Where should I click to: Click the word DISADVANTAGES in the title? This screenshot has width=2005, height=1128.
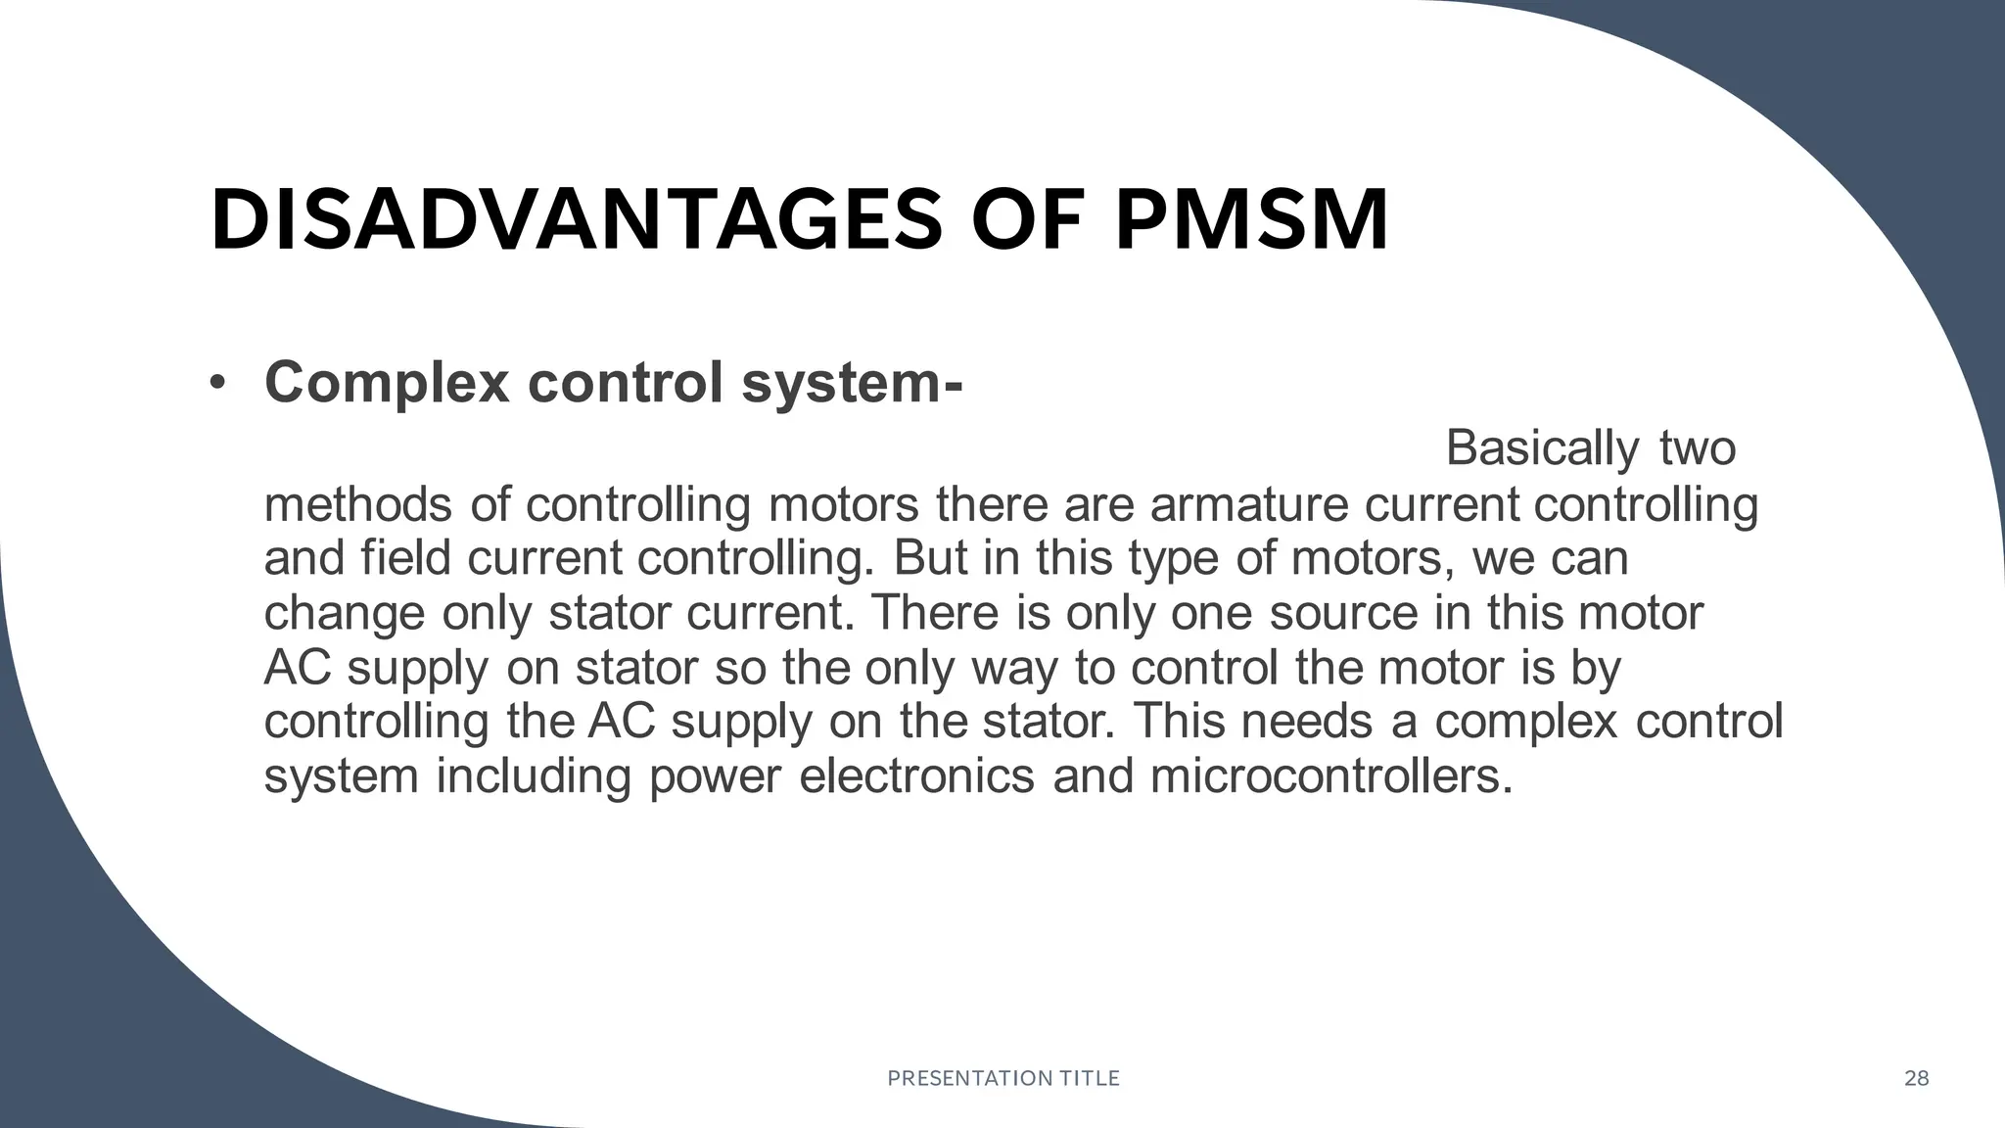pos(577,220)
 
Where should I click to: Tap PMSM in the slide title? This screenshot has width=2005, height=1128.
pos(1252,220)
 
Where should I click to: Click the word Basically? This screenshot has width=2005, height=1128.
pos(1541,448)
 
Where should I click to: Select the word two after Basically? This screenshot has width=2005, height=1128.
pos(1698,448)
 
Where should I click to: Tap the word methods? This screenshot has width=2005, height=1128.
pos(358,505)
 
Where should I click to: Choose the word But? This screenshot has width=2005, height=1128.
pos(930,558)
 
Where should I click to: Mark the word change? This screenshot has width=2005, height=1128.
pos(345,614)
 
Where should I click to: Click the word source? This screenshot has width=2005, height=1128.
pos(1343,614)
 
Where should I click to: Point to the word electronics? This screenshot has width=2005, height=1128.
pos(916,777)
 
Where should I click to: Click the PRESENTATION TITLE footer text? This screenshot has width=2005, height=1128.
pos(1002,1079)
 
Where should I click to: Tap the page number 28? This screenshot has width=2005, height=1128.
pos(1916,1079)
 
